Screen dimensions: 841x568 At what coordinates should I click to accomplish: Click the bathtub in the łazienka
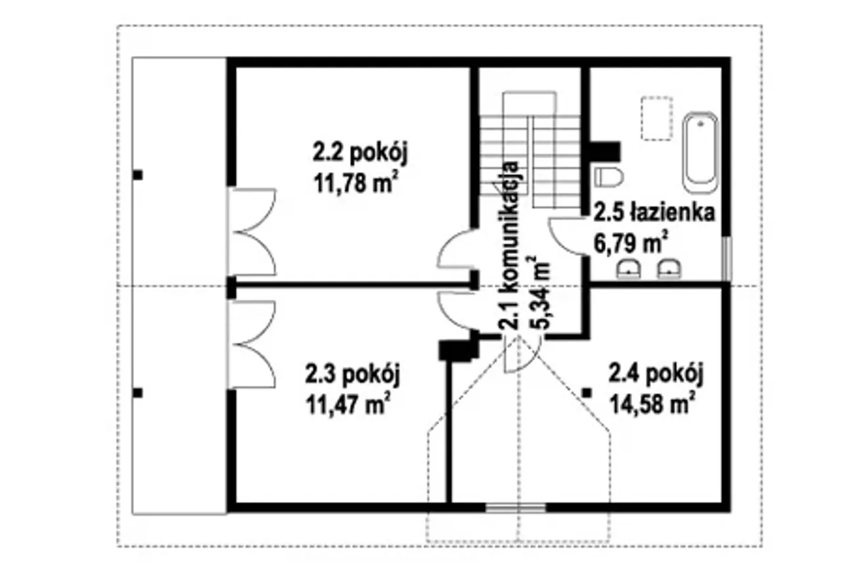click(700, 153)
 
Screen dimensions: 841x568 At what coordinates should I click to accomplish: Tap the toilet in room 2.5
click(609, 177)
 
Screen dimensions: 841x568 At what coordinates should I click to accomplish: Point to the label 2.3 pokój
click(353, 375)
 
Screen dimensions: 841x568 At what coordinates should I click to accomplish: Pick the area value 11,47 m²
click(348, 404)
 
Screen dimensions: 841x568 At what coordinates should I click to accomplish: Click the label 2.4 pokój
click(656, 374)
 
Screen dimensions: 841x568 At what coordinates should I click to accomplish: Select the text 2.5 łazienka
click(654, 212)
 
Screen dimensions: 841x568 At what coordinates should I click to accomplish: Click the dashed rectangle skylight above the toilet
click(656, 118)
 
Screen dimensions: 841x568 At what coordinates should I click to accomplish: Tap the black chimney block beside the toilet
click(605, 152)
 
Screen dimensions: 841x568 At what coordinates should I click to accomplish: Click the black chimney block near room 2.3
click(459, 350)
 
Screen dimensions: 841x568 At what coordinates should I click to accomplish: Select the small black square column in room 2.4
click(587, 393)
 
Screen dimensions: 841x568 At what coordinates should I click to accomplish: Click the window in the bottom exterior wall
click(516, 508)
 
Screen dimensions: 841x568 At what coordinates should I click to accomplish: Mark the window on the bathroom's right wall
click(727, 258)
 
